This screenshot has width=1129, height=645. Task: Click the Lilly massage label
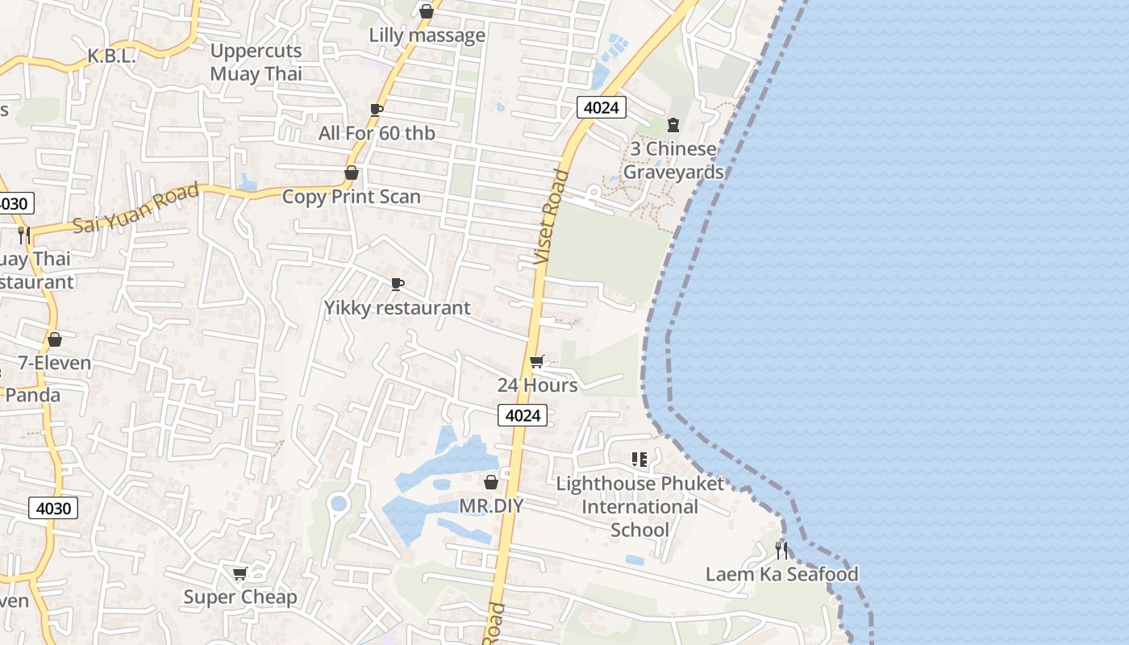(x=427, y=35)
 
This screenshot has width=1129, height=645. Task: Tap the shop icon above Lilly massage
(x=427, y=11)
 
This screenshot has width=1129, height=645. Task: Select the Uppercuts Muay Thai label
(x=256, y=62)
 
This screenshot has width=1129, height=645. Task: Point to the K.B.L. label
(x=111, y=56)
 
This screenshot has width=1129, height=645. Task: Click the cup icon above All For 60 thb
(x=376, y=109)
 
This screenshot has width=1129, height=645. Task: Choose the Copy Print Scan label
(x=351, y=197)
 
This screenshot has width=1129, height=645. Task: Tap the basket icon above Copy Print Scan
(x=351, y=173)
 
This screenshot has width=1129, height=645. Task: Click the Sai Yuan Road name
(x=136, y=208)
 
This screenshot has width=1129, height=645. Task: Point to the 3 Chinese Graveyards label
(x=673, y=160)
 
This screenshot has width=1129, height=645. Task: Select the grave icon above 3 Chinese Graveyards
(x=673, y=125)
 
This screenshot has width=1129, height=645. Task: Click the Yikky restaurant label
(x=397, y=308)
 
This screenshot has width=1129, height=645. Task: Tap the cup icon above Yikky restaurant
(x=397, y=284)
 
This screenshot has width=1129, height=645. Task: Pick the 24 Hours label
(x=537, y=385)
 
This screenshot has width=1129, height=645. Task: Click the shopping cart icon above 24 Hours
(x=537, y=361)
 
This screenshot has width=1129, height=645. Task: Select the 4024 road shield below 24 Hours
(x=523, y=415)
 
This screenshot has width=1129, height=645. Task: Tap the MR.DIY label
(x=491, y=506)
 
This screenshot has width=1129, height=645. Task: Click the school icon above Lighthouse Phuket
(x=639, y=460)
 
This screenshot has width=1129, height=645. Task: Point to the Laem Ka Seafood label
(x=781, y=574)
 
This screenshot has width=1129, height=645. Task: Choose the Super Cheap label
(x=240, y=597)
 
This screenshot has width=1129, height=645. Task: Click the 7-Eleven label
(x=55, y=364)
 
